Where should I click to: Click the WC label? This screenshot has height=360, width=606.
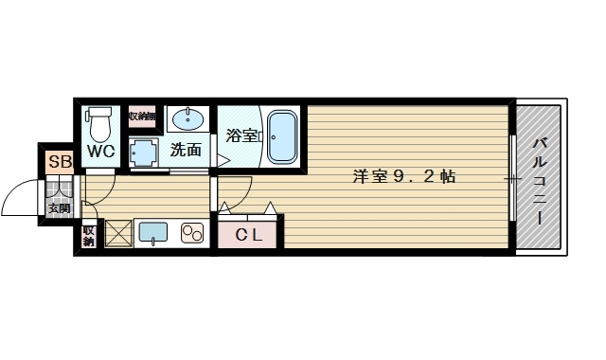click(101, 151)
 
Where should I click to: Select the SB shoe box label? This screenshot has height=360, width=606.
click(59, 162)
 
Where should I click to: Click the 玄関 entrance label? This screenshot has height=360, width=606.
click(59, 208)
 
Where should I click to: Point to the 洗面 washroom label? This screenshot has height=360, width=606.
click(187, 150)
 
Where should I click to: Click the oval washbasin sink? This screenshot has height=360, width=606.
click(188, 119)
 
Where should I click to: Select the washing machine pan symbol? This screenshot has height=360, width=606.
click(143, 151)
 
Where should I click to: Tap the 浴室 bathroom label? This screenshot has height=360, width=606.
click(242, 135)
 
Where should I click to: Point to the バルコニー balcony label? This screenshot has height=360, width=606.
click(540, 180)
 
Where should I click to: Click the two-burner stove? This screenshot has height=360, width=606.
click(193, 233)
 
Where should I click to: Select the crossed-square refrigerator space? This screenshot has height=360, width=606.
click(117, 233)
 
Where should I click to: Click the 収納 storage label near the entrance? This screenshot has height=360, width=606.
click(88, 236)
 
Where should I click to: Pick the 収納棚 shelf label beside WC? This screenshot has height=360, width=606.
click(142, 117)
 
